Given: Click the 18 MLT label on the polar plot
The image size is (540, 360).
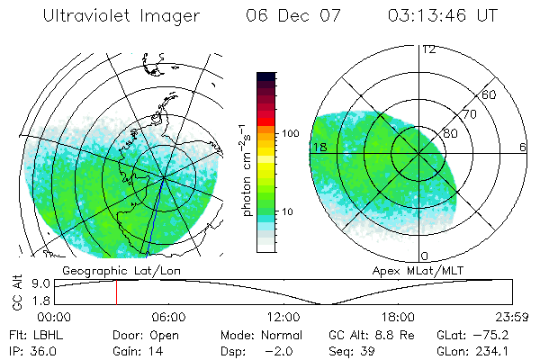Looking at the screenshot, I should (x=318, y=146).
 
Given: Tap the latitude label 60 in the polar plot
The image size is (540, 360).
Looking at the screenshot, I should (x=490, y=94).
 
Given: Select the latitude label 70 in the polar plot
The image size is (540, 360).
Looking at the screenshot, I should (x=469, y=114).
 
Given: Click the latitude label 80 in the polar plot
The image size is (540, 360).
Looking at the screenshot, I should (x=450, y=133).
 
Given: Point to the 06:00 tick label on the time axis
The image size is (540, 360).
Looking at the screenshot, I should (x=168, y=318).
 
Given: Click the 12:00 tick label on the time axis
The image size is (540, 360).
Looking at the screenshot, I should (x=283, y=318).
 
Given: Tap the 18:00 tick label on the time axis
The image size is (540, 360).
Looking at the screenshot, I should (x=398, y=318).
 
